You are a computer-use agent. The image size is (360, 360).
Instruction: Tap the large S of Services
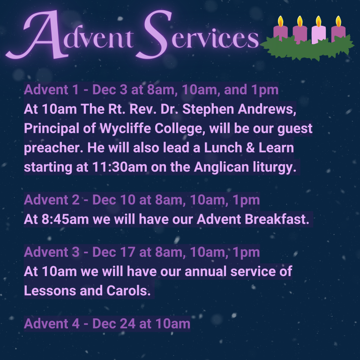pyautogui.click(x=153, y=34)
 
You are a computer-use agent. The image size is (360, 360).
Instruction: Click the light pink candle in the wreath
pyautogui.click(x=319, y=34)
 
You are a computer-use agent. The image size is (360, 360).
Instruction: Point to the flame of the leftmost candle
pyautogui.click(x=280, y=21)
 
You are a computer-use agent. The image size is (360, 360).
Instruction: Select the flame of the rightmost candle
pyautogui.click(x=338, y=21)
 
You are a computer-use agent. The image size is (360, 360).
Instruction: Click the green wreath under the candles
pyautogui.click(x=307, y=49)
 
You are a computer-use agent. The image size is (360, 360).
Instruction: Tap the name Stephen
pyautogui.click(x=208, y=109)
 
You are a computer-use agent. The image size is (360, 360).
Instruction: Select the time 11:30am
pyautogui.click(x=120, y=167)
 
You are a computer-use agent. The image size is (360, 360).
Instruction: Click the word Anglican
pyautogui.click(x=221, y=167)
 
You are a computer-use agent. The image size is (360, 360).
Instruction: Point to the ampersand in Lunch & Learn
pyautogui.click(x=250, y=148)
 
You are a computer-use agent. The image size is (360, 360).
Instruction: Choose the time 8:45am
pyautogui.click(x=65, y=219)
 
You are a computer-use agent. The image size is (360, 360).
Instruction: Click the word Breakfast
pyautogui.click(x=277, y=219)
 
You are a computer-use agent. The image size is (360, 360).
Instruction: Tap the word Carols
pyautogui.click(x=128, y=291)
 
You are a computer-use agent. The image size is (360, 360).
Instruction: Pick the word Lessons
pyautogui.click(x=50, y=291)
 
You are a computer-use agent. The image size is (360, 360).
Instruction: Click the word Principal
pyautogui.click(x=52, y=128)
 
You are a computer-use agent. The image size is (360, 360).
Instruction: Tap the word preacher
pyautogui.click(x=53, y=148)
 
